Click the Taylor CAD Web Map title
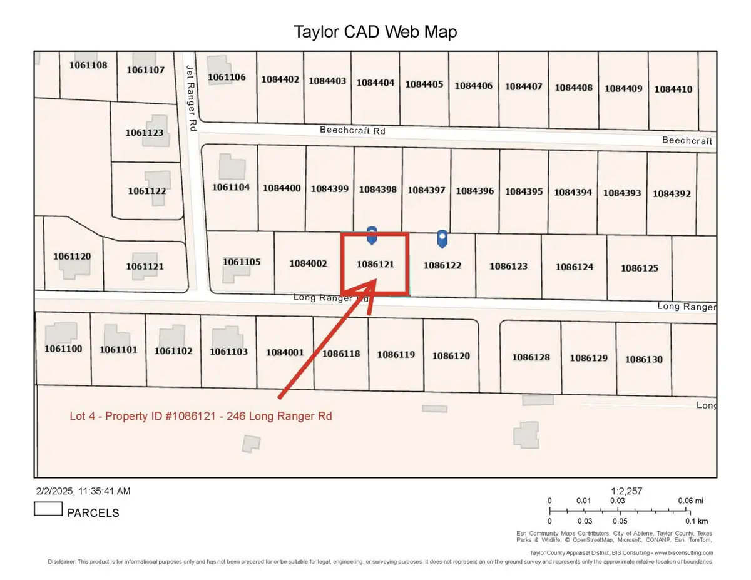click(x=375, y=32)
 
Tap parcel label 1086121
click(x=375, y=265)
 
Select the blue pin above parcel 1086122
click(x=442, y=238)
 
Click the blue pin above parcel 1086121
click(x=372, y=235)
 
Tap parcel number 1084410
click(x=673, y=89)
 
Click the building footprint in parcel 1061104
click(x=232, y=168)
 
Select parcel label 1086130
click(x=643, y=359)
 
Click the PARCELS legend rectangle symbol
click(x=48, y=509)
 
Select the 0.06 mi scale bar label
click(x=690, y=501)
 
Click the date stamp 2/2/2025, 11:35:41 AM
click(x=82, y=492)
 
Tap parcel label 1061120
click(x=72, y=256)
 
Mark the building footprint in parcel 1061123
click(x=155, y=130)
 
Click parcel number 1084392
click(x=672, y=193)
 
